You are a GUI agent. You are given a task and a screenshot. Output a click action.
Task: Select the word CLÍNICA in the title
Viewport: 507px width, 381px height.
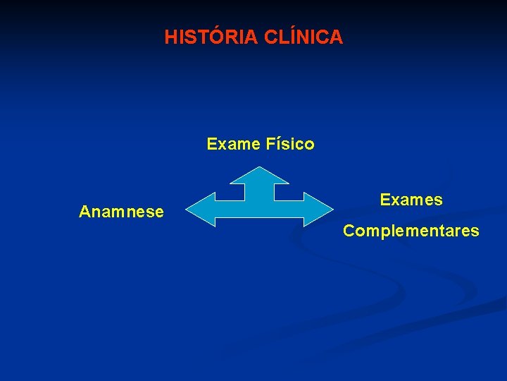point(303,37)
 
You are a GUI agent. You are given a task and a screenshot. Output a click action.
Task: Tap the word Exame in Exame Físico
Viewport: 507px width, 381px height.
point(234,145)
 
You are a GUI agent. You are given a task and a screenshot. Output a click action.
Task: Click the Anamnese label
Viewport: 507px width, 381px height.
point(121,212)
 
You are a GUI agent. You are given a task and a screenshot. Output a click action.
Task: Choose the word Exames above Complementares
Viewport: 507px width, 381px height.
point(411,200)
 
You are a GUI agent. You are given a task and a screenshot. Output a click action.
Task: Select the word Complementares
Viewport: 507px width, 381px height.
point(411,231)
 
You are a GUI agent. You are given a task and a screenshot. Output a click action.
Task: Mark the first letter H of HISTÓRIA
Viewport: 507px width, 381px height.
point(170,37)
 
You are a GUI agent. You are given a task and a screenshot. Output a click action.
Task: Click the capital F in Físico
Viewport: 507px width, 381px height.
point(270,145)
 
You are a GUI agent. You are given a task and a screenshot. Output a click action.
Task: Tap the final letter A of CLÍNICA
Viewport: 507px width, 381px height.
point(337,37)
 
